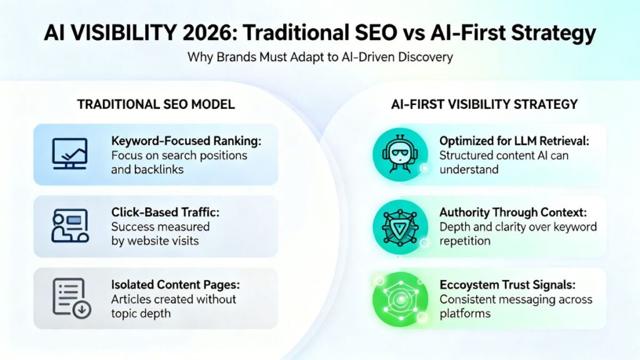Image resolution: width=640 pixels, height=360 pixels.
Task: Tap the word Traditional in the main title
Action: [301, 32]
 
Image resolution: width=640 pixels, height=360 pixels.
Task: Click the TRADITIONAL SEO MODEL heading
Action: [156, 104]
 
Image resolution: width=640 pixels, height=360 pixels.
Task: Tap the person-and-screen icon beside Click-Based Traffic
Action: [69, 226]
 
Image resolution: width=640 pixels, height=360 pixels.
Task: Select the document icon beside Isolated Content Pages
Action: [69, 298]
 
